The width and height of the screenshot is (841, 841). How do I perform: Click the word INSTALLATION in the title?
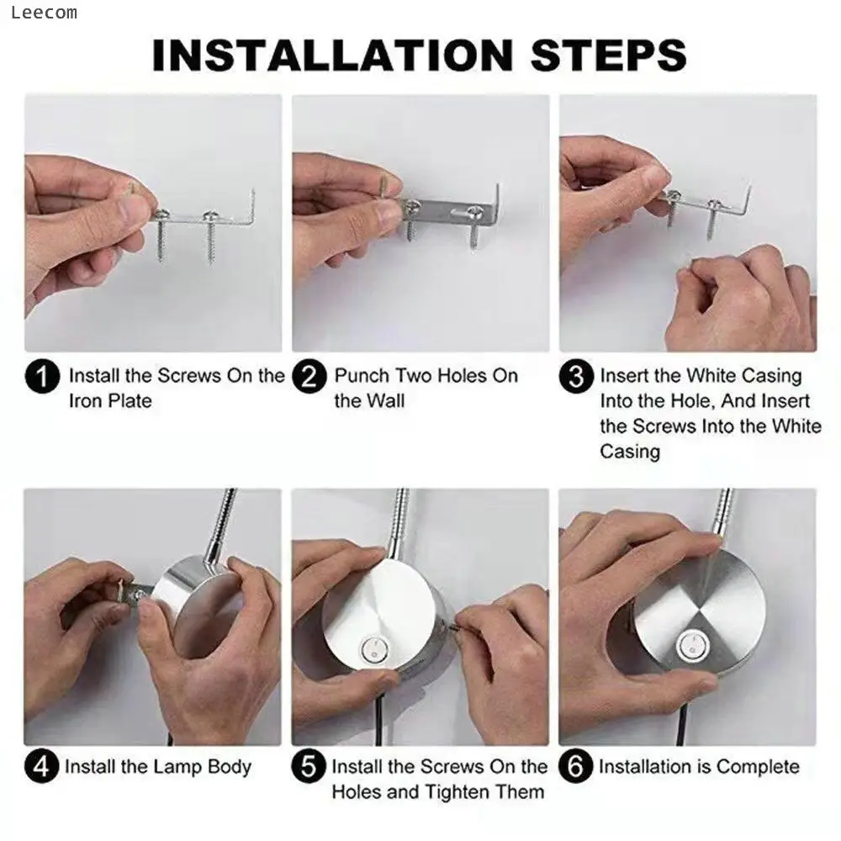[331, 56]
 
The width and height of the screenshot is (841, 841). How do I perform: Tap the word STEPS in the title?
[609, 56]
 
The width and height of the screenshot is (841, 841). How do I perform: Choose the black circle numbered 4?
[42, 767]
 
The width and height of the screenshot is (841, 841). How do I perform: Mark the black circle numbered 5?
[309, 767]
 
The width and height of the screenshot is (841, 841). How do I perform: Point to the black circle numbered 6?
[576, 767]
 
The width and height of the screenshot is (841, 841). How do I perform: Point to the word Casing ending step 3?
[630, 452]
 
